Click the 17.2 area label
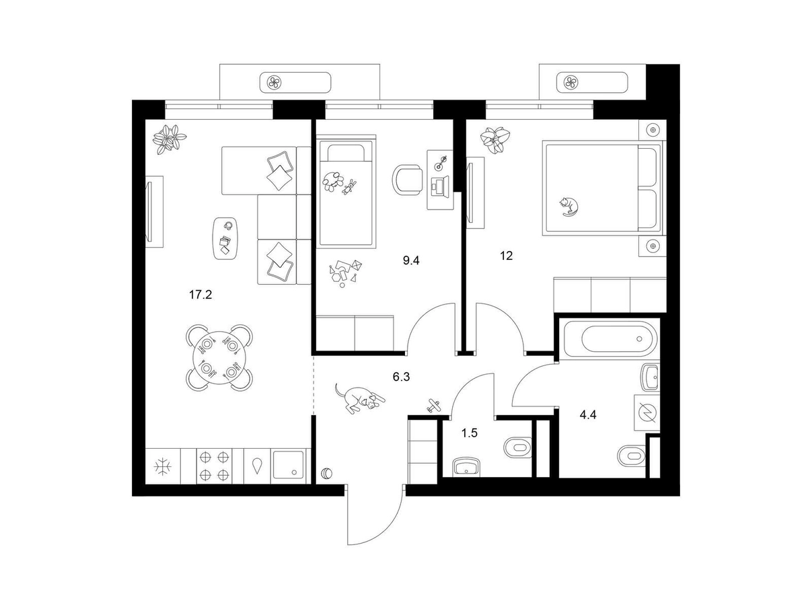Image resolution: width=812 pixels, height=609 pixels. coord(200,295)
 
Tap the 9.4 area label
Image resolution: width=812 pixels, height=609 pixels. coord(411,261)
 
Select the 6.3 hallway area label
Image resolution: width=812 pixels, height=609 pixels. coord(401,377)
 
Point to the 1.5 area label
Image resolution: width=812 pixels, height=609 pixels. coord(470,433)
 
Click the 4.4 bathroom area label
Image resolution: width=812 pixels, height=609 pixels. coord(588,415)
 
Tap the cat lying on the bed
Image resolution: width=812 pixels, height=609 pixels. coord(569,207)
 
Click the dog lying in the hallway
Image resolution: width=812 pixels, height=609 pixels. coord(359,399)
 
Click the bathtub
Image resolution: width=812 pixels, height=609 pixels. coord(610,338)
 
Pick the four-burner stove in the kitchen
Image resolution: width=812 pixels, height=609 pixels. coord(213,466)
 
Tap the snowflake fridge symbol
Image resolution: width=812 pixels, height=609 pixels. coord(163,466)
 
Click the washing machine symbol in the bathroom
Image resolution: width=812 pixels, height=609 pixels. coord(647,412)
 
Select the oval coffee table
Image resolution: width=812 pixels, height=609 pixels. coord(226,239)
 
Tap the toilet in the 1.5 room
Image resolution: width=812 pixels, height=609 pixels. coord(517,447)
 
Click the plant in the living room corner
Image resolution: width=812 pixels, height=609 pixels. coord(169,139)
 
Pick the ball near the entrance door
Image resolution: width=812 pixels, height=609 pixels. coord(327,473)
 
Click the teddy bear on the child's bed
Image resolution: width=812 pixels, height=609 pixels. coord(348,187)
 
